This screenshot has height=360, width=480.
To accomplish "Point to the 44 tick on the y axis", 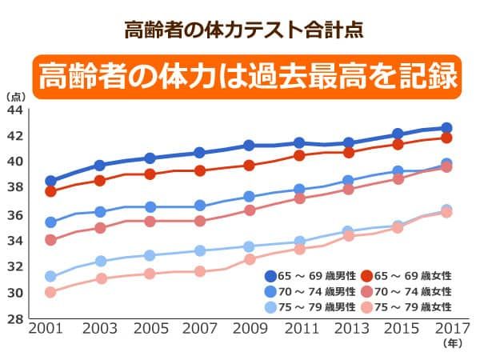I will coord(14,110).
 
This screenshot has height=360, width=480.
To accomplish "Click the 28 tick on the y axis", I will coord(14,319).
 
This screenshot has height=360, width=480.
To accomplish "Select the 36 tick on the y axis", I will coord(14,214).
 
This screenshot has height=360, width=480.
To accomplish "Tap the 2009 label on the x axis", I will coord(249,330).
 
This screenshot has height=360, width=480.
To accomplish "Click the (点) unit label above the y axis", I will coord(15,96).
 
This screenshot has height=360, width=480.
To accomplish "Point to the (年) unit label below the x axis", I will coord(452,343).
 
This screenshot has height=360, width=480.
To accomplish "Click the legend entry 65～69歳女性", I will coord(408,276).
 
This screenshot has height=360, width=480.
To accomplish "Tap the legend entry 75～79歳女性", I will coord(408,306).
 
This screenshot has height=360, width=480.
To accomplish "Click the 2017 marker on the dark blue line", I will coord(446,128).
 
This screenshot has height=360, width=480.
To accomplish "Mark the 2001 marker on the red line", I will coord(50,191).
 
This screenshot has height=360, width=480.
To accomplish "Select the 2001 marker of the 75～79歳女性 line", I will coord(50,292).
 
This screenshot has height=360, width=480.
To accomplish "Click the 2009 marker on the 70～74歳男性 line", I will coord(249,196).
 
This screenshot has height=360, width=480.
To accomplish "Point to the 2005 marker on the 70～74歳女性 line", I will coord(150,221).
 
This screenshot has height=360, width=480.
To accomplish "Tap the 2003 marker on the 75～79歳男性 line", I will coord(100,261).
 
